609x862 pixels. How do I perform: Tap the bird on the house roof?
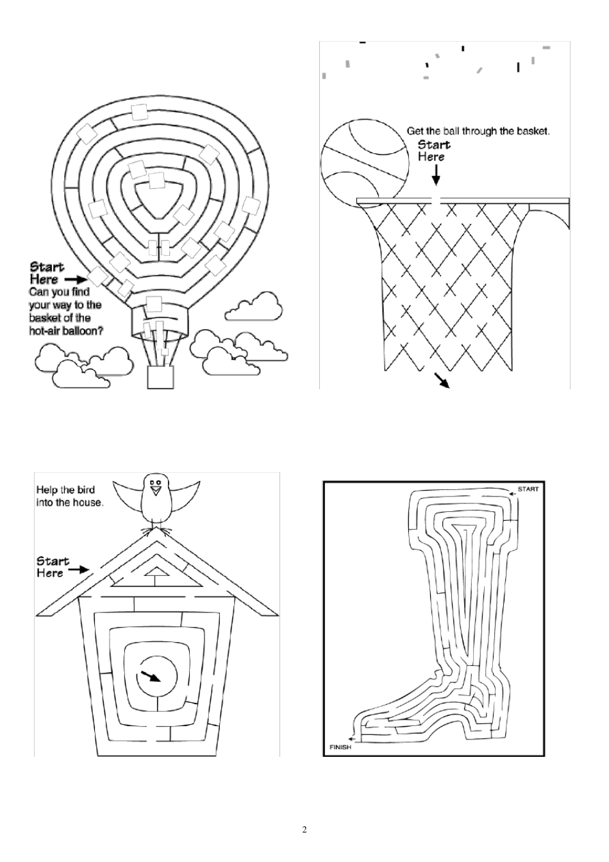pyautogui.click(x=154, y=500)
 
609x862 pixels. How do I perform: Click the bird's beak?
pyautogui.click(x=154, y=491)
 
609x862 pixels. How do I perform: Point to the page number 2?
pyautogui.click(x=304, y=830)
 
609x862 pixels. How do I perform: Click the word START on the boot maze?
pyautogui.click(x=528, y=489)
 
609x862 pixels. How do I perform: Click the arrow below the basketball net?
pyautogui.click(x=442, y=380)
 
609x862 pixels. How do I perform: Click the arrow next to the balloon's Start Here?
pyautogui.click(x=76, y=280)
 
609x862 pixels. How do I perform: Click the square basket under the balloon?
pyautogui.click(x=160, y=377)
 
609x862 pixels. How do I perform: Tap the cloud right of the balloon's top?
pyautogui.click(x=255, y=307)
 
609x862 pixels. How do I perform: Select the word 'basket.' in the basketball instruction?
pyautogui.click(x=535, y=131)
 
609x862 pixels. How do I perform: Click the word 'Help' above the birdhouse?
pyautogui.click(x=47, y=491)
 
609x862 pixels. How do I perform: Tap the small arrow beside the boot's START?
pyautogui.click(x=512, y=493)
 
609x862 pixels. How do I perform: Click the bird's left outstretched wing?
pyautogui.click(x=128, y=495)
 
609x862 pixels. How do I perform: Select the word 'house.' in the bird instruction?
pyautogui.click(x=89, y=503)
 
